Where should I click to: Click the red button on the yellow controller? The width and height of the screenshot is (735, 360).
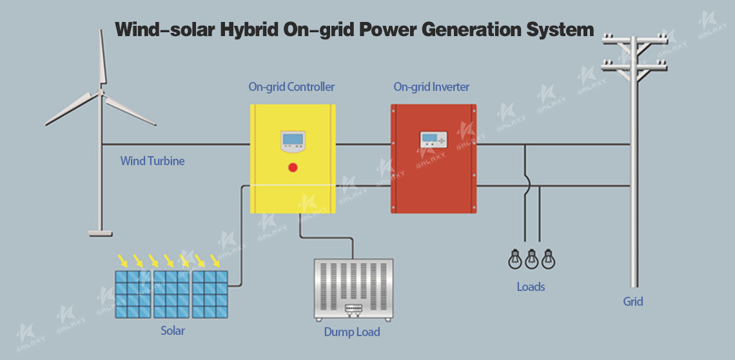tap(293, 168)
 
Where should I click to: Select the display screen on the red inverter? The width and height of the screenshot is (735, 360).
tap(433, 138)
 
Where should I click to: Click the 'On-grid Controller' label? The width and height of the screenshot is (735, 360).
tap(291, 86)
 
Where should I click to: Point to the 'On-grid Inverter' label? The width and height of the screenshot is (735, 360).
tap(431, 86)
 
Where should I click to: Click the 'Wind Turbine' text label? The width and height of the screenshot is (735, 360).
tap(152, 161)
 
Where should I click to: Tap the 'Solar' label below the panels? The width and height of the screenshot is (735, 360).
tap(172, 331)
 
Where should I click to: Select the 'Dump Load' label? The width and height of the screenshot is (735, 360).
tap(352, 332)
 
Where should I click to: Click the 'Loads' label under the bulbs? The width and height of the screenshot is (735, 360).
tap(531, 286)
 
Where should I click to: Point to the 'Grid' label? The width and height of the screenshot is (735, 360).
tap(632, 301)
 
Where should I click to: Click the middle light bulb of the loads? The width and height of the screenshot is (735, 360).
tap(531, 259)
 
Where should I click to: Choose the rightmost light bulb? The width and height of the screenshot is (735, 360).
tap(548, 259)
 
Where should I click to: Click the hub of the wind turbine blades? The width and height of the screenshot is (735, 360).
tap(101, 91)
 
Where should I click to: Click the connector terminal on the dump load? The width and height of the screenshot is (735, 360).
tap(353, 309)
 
